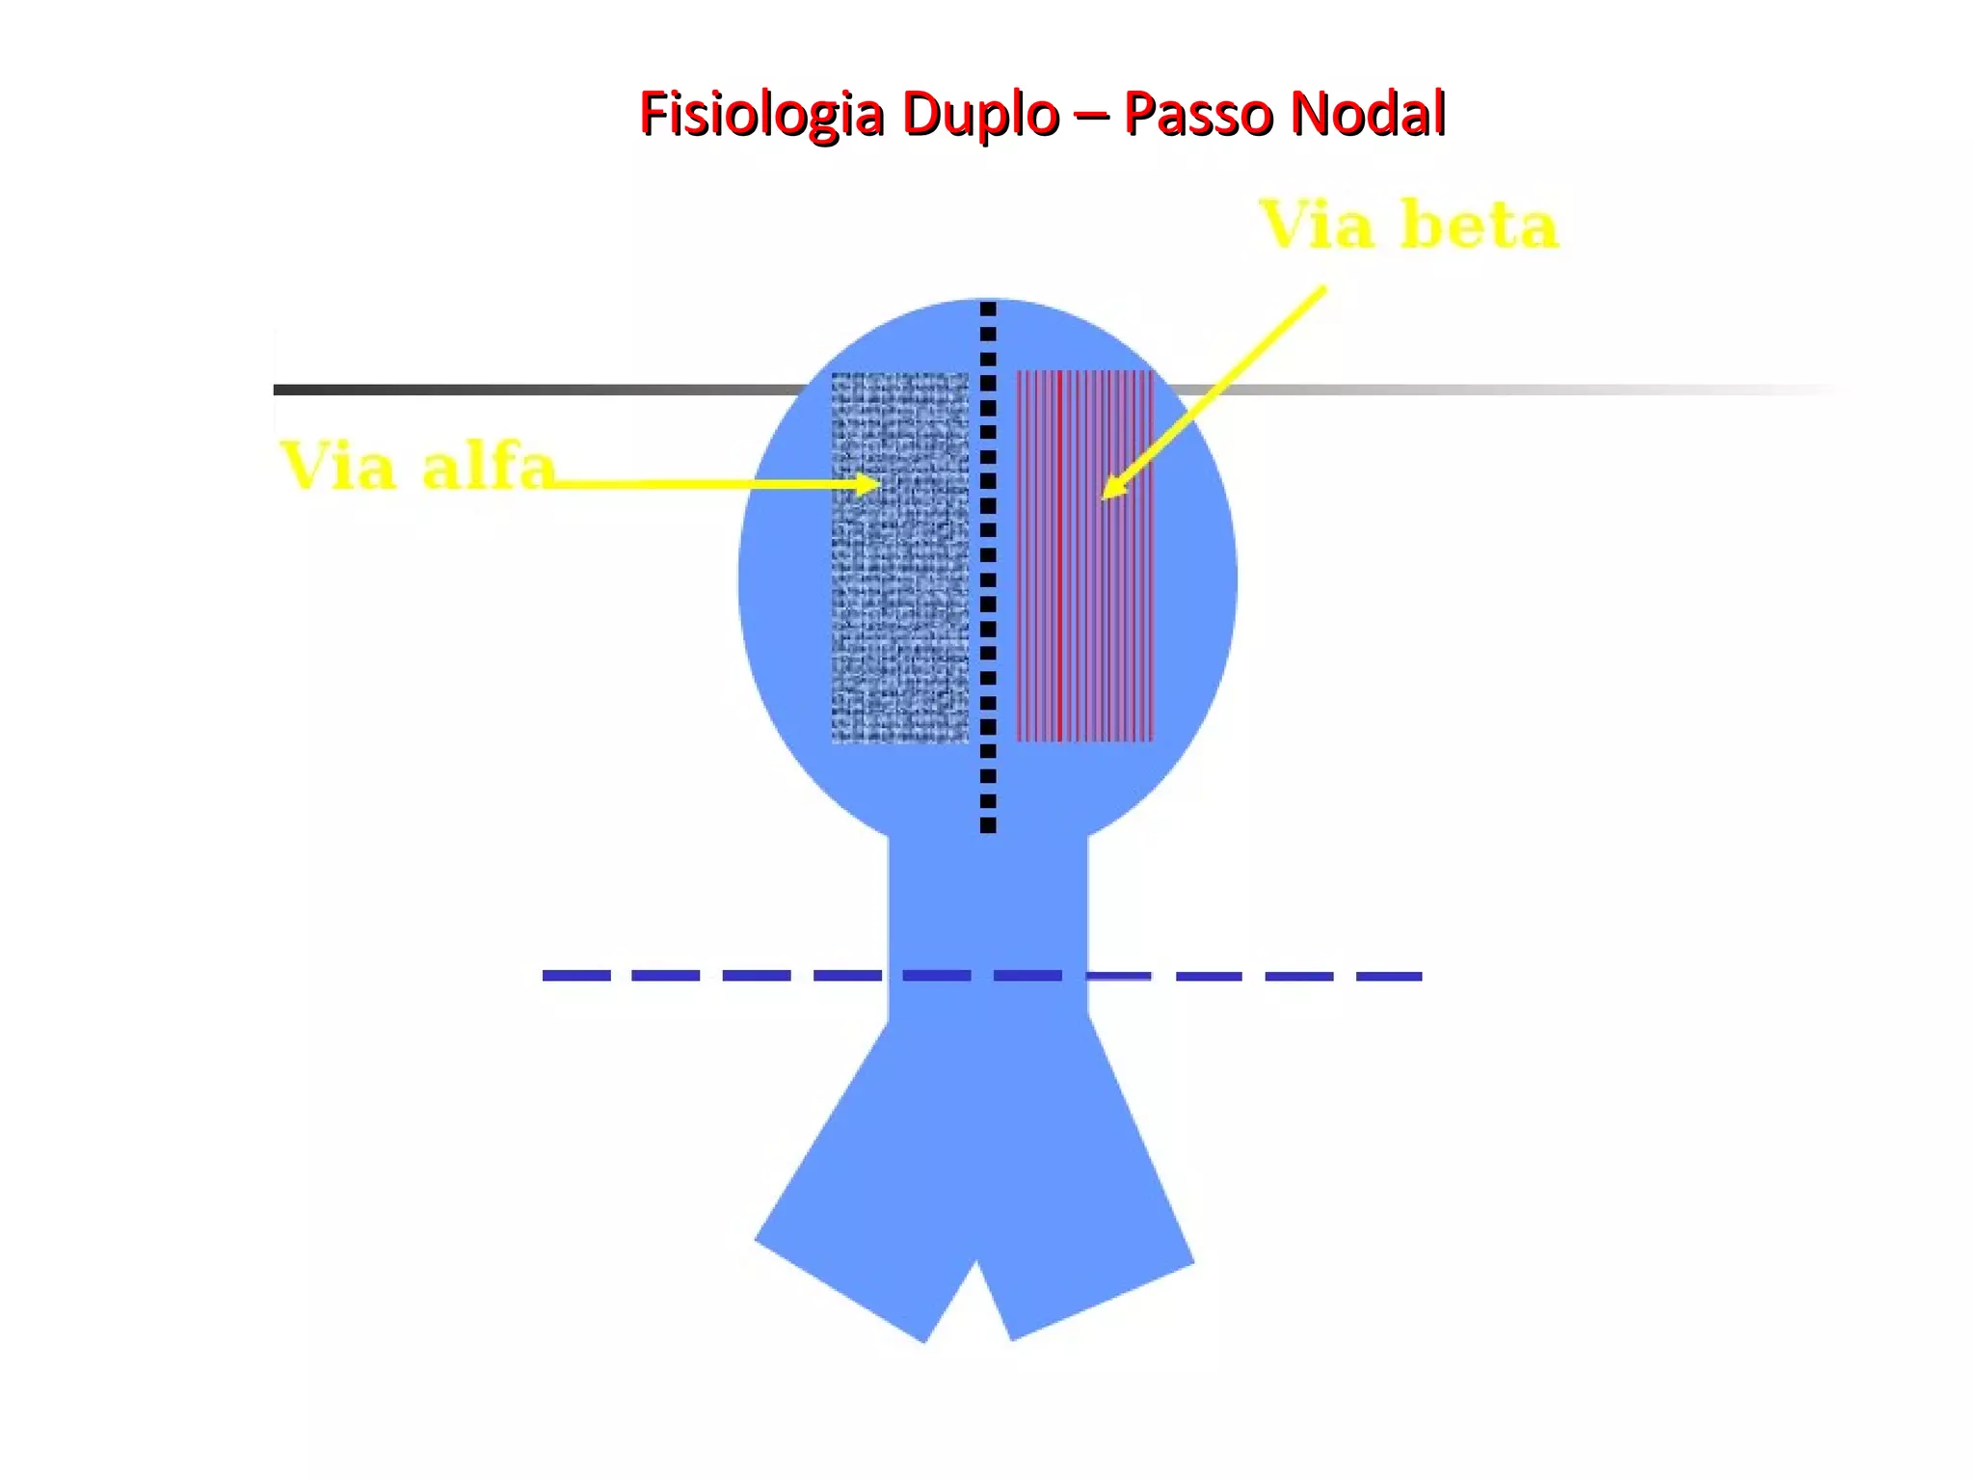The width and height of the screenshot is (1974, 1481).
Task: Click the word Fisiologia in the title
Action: coord(761,114)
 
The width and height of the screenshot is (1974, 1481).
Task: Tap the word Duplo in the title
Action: coord(980,114)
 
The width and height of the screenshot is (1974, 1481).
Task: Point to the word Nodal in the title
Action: coord(1368,114)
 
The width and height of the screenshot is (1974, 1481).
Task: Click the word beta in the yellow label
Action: coord(1479,227)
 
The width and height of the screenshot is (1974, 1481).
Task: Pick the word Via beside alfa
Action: coord(338,468)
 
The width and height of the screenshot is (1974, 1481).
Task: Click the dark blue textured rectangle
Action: coord(899,617)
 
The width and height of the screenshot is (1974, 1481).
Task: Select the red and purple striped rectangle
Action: coord(1085,617)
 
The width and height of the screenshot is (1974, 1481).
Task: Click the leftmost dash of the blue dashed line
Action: coord(576,976)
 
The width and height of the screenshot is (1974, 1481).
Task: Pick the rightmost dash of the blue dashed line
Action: coord(1389,976)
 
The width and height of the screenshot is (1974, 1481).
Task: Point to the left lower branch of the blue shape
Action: coord(867,1225)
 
